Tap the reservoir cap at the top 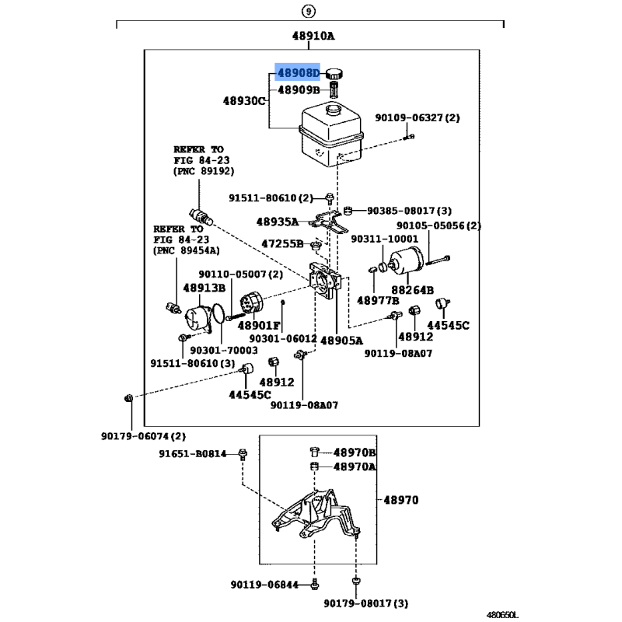335,74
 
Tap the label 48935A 278,222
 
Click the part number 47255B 282,243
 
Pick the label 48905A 341,340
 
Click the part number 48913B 204,288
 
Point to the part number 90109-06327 418,118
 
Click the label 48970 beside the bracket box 400,501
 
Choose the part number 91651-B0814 193,454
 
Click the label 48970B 355,453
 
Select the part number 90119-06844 265,584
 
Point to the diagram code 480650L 589,614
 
